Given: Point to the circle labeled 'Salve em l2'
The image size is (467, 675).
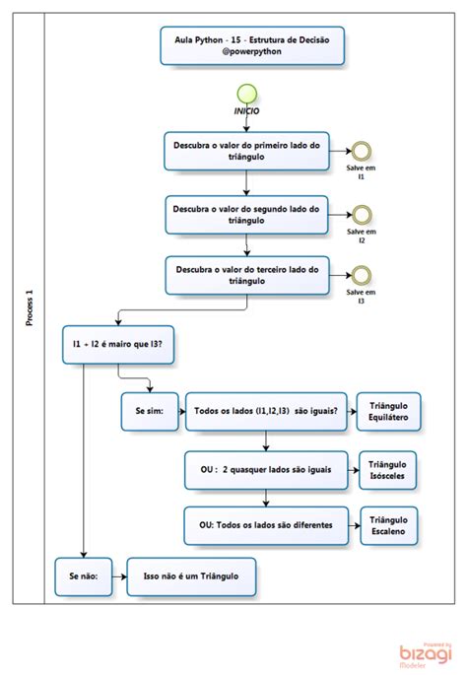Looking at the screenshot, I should pos(362,214).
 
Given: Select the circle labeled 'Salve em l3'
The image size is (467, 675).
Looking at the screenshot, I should pos(362,274).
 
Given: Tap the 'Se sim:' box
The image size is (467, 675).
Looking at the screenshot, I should pos(149,414).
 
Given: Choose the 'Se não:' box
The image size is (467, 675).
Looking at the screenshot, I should pos(84,574).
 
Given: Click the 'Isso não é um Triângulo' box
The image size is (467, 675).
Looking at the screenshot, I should pos(192,574).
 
